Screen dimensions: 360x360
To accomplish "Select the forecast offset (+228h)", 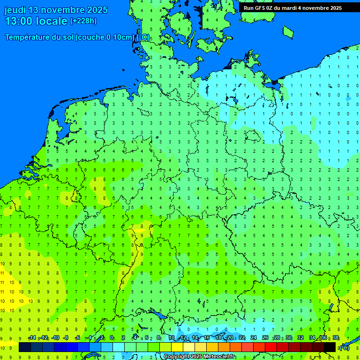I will [x=83, y=21].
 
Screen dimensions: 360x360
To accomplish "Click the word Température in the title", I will [x=29, y=37].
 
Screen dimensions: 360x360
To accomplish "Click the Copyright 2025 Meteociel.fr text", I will [x=199, y=357].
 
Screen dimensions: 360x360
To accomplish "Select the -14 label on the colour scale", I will [x=32, y=338].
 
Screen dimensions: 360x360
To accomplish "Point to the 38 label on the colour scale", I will [x=335, y=338].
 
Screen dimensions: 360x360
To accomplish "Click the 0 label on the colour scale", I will [x=112, y=338].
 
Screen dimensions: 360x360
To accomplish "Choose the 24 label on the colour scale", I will [x=254, y=338].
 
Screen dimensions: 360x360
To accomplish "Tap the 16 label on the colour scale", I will [x=207, y=338].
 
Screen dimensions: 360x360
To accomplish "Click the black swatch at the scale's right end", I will [x=330, y=347].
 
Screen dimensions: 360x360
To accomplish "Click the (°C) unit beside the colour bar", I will [x=344, y=348].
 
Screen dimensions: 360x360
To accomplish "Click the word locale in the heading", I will [x=54, y=21].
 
